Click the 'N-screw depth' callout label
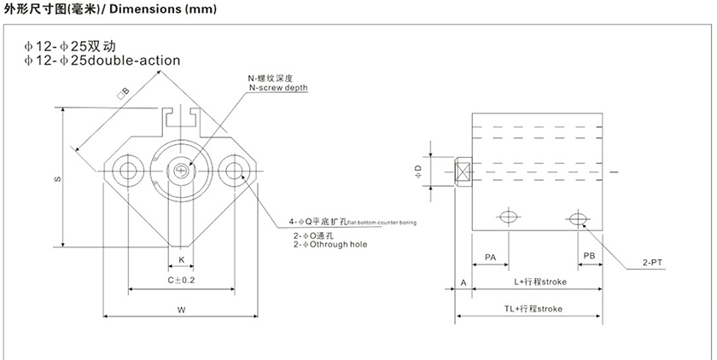pos(278,88)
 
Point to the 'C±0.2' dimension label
pos(181,280)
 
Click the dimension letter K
pos(181,258)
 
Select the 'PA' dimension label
pos(490,256)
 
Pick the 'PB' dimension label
pos(589,256)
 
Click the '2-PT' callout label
pos(652,264)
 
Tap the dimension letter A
pos(463,281)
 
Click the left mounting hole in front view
pos(131,169)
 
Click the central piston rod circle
pos(181,169)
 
